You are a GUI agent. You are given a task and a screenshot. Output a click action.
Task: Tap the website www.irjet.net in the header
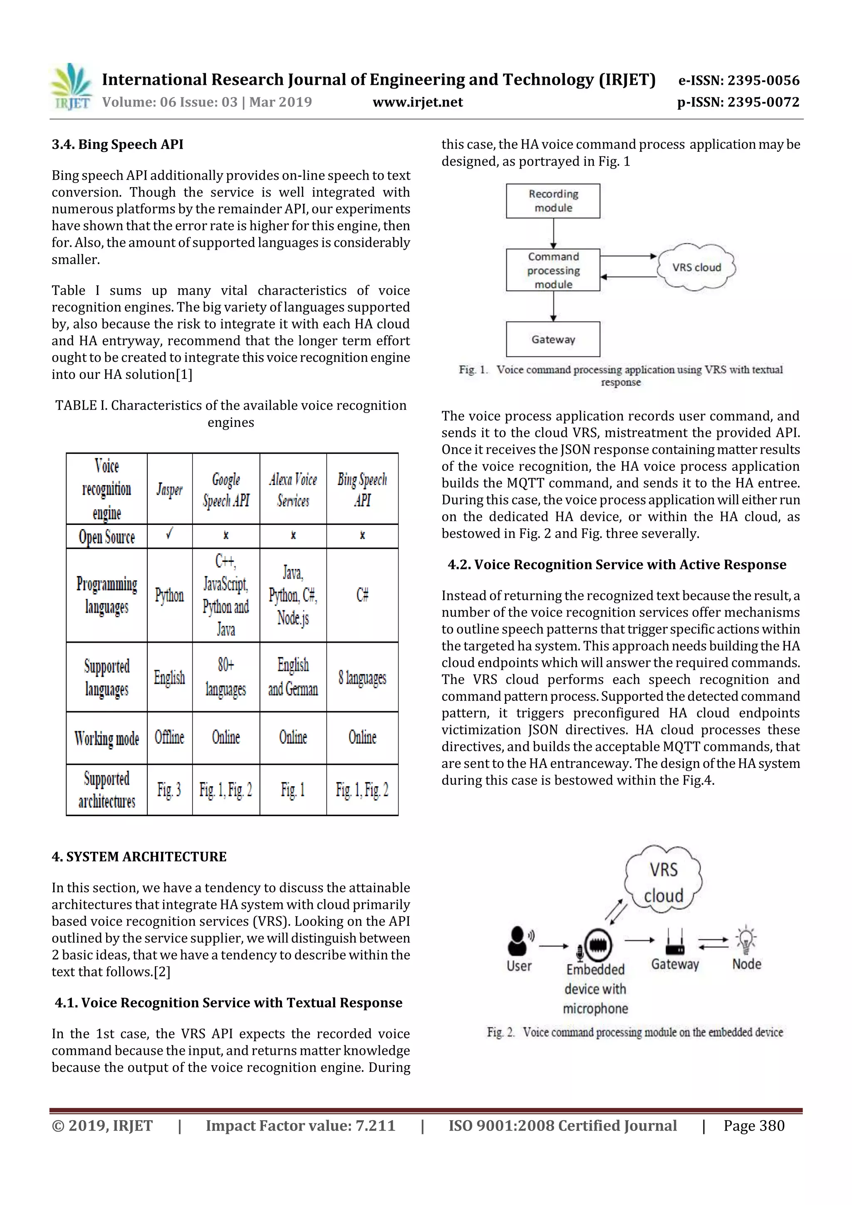[417, 102]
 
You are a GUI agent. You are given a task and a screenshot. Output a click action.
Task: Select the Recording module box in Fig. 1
[553, 201]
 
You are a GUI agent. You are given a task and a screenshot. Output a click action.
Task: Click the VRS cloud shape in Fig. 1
[696, 267]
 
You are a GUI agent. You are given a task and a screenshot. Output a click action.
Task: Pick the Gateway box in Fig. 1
[553, 339]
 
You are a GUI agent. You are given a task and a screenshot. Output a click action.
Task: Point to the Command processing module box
[553, 270]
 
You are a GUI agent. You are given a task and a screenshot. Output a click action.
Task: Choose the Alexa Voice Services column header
[293, 489]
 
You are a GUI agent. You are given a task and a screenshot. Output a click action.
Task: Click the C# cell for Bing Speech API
[362, 595]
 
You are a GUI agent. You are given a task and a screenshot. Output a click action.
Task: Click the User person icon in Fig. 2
[518, 940]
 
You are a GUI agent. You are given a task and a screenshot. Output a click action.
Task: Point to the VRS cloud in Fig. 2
[664, 882]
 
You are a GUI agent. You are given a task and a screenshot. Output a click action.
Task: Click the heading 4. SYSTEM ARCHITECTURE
[139, 856]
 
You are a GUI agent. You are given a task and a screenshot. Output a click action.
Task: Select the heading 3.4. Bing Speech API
[118, 144]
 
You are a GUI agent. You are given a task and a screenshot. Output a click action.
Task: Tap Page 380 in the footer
[754, 1125]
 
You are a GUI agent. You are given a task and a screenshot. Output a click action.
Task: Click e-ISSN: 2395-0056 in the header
[738, 80]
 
